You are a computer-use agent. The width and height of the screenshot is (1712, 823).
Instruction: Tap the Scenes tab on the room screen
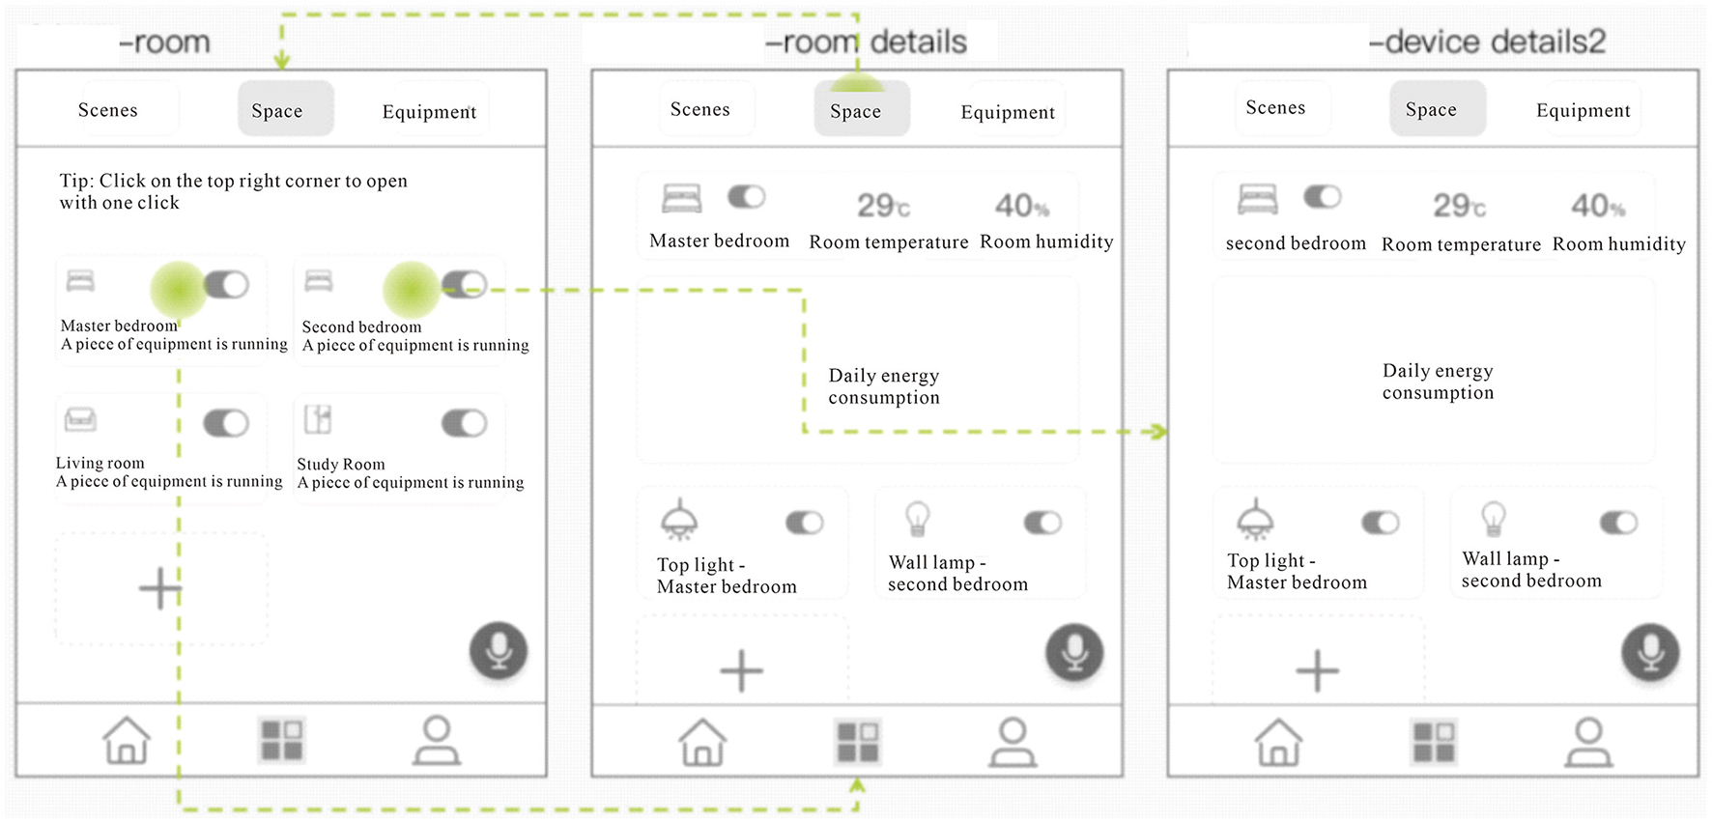[108, 110]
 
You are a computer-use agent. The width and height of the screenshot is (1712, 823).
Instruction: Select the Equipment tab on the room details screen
[1008, 112]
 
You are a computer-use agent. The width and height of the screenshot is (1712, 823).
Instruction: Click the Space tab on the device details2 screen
[1431, 109]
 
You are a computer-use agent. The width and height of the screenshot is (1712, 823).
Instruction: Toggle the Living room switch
[226, 423]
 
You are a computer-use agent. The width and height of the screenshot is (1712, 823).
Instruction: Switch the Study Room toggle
[465, 423]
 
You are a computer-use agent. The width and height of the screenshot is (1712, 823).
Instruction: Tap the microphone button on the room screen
[499, 651]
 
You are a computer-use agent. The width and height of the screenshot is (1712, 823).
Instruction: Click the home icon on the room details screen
[702, 742]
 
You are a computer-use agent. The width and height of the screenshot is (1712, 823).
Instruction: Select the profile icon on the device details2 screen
[1588, 742]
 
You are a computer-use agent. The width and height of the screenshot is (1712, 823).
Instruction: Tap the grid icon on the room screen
[282, 741]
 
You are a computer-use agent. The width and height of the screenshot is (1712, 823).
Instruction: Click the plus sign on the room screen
[160, 587]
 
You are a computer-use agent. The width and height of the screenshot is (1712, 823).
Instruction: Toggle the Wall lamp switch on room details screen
[1042, 523]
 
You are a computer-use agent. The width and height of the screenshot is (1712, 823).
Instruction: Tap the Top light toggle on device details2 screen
[1380, 523]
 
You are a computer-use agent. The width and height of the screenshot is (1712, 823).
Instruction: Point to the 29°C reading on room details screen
[883, 206]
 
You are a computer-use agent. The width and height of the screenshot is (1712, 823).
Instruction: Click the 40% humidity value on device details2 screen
[1598, 206]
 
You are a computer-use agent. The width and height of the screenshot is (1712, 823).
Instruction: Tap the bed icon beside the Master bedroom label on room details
[682, 198]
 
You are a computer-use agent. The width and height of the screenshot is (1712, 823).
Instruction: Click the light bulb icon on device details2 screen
[1494, 519]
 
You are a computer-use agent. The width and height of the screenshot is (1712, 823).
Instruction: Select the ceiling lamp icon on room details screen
[679, 519]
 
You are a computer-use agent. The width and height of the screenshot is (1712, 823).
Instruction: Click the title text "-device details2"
[1488, 42]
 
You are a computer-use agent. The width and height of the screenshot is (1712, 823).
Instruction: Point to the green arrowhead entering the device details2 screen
[1156, 431]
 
